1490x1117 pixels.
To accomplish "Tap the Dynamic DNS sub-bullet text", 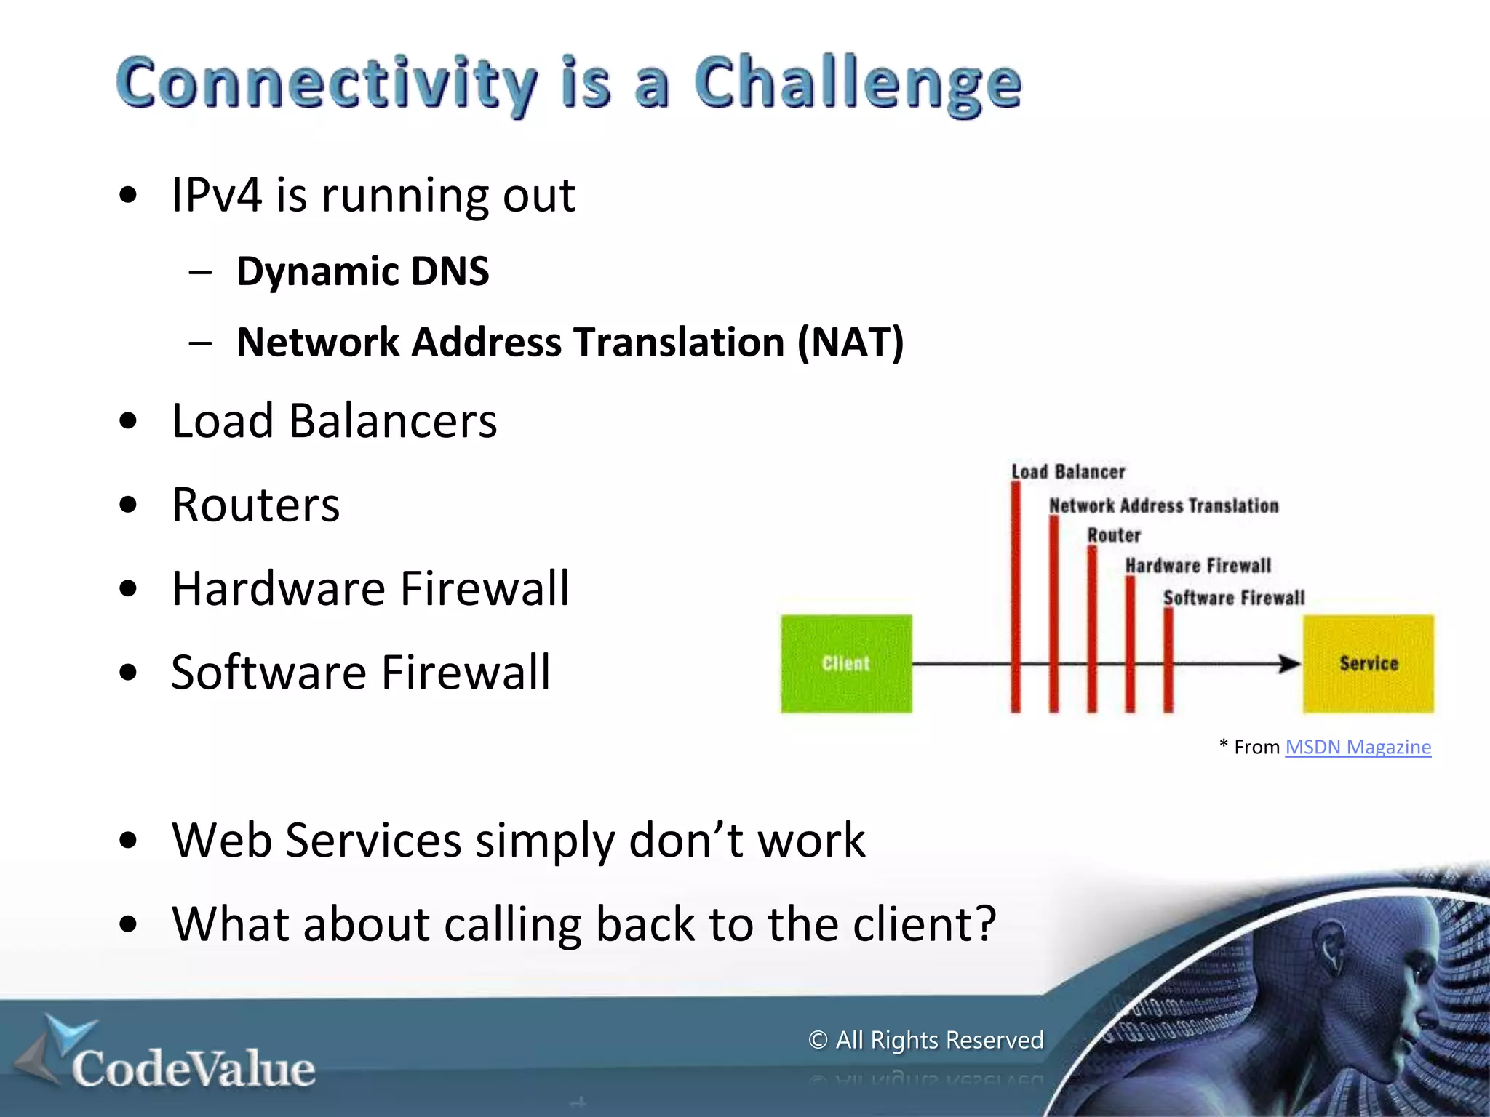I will [x=362, y=271].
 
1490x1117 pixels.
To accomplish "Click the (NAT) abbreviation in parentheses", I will [x=850, y=342].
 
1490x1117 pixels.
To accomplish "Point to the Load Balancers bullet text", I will [x=334, y=421].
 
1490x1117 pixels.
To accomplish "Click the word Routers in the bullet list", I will [x=255, y=505].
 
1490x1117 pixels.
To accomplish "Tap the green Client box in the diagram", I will [x=846, y=663].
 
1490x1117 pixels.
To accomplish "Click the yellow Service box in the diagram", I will [x=1368, y=663].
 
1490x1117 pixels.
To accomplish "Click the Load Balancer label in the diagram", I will [x=1068, y=472].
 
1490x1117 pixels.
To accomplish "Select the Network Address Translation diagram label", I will [x=1163, y=505].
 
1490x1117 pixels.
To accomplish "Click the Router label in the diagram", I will [x=1114, y=535].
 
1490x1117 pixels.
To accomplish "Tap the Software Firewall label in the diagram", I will [x=1234, y=598].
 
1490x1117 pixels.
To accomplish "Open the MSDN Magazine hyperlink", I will [x=1358, y=747].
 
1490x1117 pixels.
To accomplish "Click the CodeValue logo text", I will [x=193, y=1069].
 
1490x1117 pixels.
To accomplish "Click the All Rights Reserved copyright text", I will [x=926, y=1040].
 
